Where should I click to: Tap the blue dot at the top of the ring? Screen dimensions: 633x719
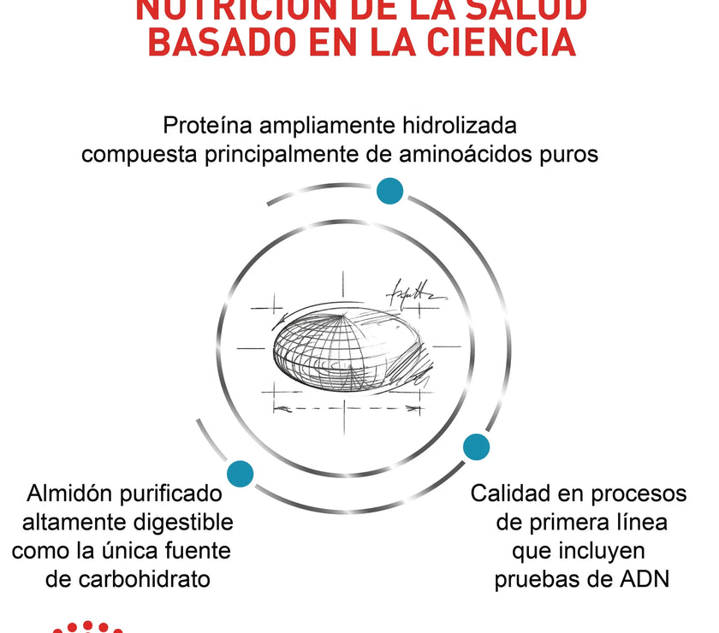[390, 191]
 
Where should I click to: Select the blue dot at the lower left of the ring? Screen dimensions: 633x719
[241, 474]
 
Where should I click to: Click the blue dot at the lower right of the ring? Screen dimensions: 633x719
[476, 447]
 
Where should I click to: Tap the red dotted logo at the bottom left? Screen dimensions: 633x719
[86, 627]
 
